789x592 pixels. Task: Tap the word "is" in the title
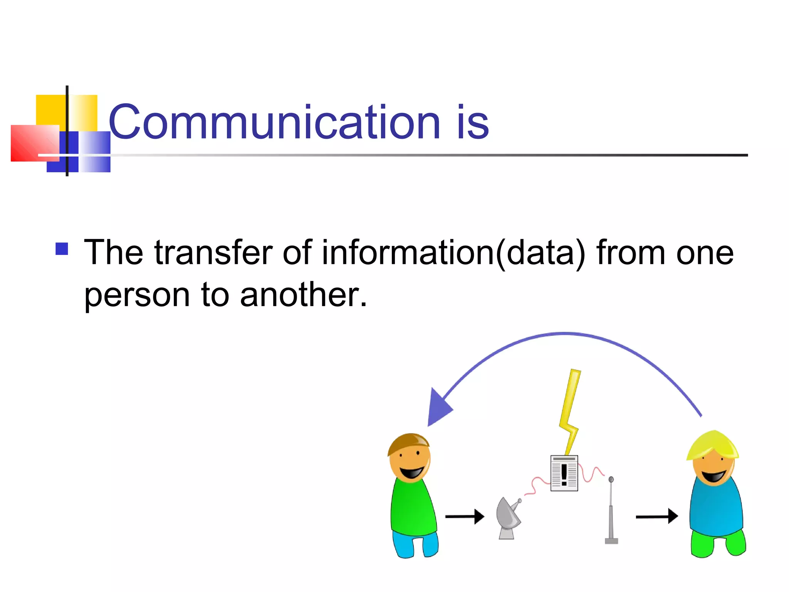(472, 123)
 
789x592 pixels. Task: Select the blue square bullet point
(62, 249)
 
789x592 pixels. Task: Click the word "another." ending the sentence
(303, 295)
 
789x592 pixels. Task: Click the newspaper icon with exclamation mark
(564, 473)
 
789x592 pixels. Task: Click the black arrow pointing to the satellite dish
(464, 516)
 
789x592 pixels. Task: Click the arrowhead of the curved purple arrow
(438, 409)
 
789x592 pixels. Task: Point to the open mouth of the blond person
(713, 476)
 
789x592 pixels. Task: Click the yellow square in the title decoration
(50, 109)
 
